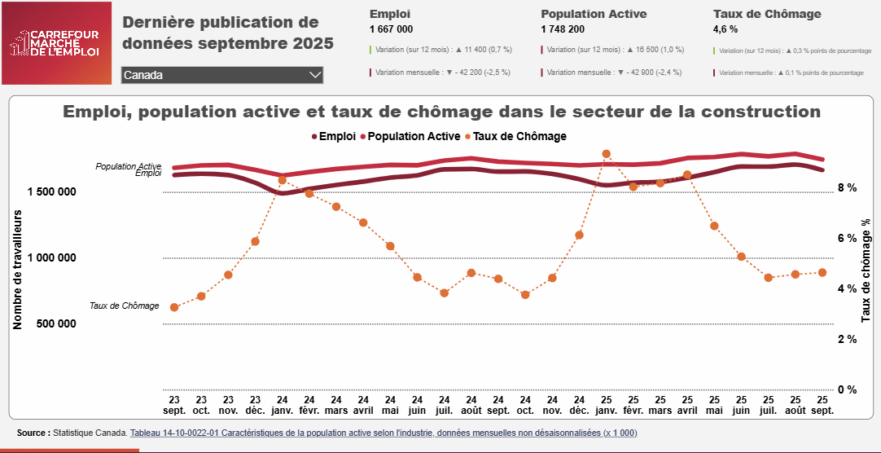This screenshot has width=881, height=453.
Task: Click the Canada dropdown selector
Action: pyautogui.click(x=222, y=75)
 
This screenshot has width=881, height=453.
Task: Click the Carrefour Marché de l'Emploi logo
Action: pyautogui.click(x=56, y=43)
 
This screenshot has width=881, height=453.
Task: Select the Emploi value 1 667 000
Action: pyautogui.click(x=391, y=29)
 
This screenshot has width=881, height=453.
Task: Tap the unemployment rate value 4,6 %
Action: pyautogui.click(x=725, y=29)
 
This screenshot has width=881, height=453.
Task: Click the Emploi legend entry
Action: pyautogui.click(x=333, y=136)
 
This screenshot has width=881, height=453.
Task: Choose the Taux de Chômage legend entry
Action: pyautogui.click(x=515, y=136)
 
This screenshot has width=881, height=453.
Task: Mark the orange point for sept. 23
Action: pyautogui.click(x=174, y=307)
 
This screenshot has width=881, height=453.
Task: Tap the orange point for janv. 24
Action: pyautogui.click(x=282, y=180)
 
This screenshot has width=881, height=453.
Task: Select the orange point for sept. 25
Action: pyautogui.click(x=822, y=272)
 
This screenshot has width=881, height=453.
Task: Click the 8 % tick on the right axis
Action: pyautogui.click(x=848, y=187)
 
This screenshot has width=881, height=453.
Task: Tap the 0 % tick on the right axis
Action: pyautogui.click(x=848, y=389)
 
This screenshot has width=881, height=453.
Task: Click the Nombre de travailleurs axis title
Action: pyautogui.click(x=17, y=269)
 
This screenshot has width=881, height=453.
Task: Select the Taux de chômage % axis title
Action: pyautogui.click(x=866, y=269)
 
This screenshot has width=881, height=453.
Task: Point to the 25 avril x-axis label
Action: pyautogui.click(x=687, y=406)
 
